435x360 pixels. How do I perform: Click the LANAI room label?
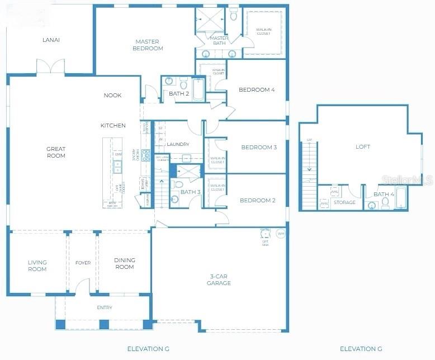tap(51, 40)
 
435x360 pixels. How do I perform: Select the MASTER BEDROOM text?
tap(148, 45)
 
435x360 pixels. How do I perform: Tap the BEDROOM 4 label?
tap(257, 89)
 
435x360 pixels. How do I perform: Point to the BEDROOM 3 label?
tap(259, 148)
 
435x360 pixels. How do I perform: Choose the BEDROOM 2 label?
tap(258, 200)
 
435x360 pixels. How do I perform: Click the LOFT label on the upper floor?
tap(363, 147)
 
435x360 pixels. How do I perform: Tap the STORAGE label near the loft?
tap(344, 202)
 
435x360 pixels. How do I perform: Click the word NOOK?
tap(112, 95)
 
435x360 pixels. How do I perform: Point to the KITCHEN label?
tap(113, 125)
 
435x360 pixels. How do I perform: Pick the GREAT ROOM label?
tap(56, 152)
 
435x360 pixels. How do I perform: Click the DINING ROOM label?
tap(124, 263)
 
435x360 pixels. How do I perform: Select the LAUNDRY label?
tap(178, 144)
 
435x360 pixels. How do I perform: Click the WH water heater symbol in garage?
tap(281, 233)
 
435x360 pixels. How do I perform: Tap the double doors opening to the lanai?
tap(51, 67)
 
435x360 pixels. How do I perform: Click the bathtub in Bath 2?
tap(198, 90)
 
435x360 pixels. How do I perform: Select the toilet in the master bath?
tap(234, 16)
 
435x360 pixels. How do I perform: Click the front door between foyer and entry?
tap(83, 287)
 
